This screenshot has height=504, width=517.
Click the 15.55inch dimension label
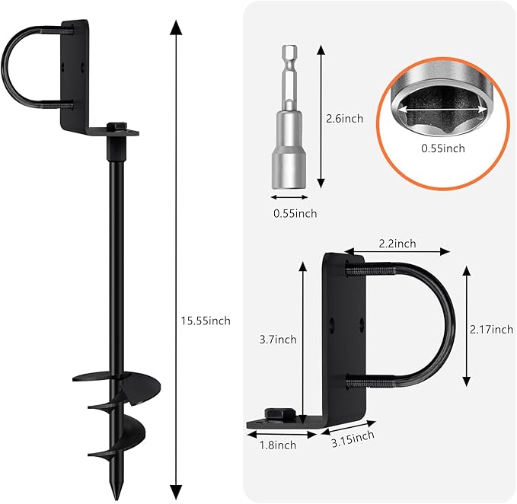[x=206, y=321]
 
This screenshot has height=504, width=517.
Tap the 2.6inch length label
[x=345, y=119]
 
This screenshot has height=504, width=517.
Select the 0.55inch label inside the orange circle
[x=443, y=148]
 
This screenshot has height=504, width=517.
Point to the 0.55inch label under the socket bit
[x=295, y=214]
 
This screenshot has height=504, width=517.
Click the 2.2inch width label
[x=397, y=244]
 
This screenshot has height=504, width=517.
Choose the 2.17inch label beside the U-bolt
[x=491, y=330]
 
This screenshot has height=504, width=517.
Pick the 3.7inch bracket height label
[x=278, y=340]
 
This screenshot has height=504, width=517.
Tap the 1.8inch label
[x=278, y=445]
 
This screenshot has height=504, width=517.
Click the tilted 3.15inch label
[x=353, y=439]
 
